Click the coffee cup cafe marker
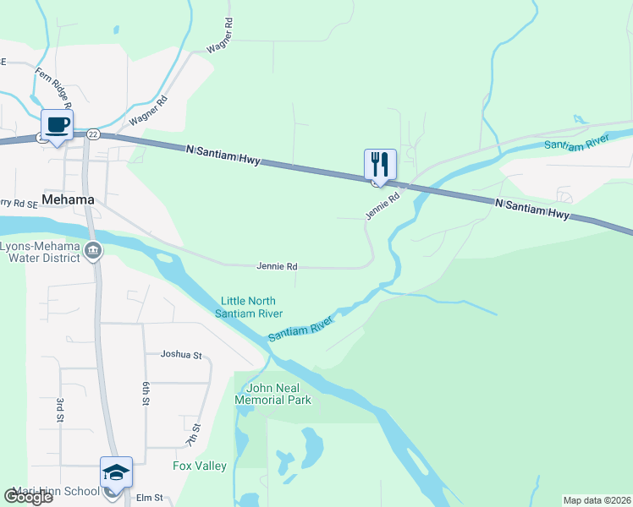57,126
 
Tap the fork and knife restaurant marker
380,163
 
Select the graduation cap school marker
116,472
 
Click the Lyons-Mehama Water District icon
93,249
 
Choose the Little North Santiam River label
248,307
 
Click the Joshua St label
182,356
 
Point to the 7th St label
193,436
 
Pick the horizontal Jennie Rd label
277,266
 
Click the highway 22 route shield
93,134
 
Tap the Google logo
28,498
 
